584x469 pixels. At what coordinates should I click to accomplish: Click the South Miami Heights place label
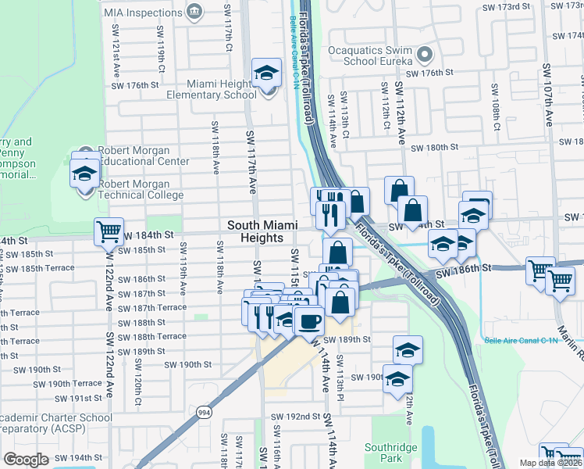point(262,231)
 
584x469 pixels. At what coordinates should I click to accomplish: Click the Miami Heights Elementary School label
point(211,89)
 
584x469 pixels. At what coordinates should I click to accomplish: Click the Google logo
point(26,460)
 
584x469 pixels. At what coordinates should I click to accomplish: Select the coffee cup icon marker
point(310,320)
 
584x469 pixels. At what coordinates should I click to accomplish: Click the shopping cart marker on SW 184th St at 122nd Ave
point(109,231)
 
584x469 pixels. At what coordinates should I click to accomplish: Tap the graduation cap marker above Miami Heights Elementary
point(266,73)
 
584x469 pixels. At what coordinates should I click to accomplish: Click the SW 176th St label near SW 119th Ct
point(138,84)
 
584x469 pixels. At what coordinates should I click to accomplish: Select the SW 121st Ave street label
point(116,54)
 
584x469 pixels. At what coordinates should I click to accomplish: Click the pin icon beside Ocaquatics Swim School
point(425,55)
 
